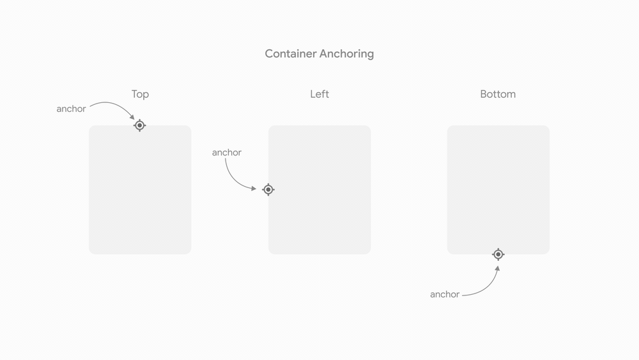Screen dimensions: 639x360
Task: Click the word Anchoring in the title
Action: pyautogui.click(x=348, y=54)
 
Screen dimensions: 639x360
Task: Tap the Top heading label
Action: pyautogui.click(x=140, y=95)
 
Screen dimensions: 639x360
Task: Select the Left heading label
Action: pyautogui.click(x=319, y=95)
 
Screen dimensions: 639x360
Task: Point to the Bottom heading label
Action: pyautogui.click(x=498, y=95)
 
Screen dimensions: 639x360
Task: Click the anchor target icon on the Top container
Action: pyautogui.click(x=140, y=125)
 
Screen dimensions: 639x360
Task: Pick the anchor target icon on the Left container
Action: pyautogui.click(x=268, y=189)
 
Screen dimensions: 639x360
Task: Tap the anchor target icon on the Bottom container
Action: pyautogui.click(x=498, y=254)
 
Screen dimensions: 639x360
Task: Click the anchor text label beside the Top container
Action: pyautogui.click(x=71, y=109)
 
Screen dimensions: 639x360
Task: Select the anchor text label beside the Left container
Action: pyautogui.click(x=227, y=153)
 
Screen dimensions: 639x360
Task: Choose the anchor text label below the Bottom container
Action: pyautogui.click(x=445, y=294)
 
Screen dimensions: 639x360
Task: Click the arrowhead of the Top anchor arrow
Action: pyautogui.click(x=132, y=117)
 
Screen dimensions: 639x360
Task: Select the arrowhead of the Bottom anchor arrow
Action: pyautogui.click(x=497, y=269)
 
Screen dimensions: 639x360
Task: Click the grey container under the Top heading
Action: pyautogui.click(x=140, y=192)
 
